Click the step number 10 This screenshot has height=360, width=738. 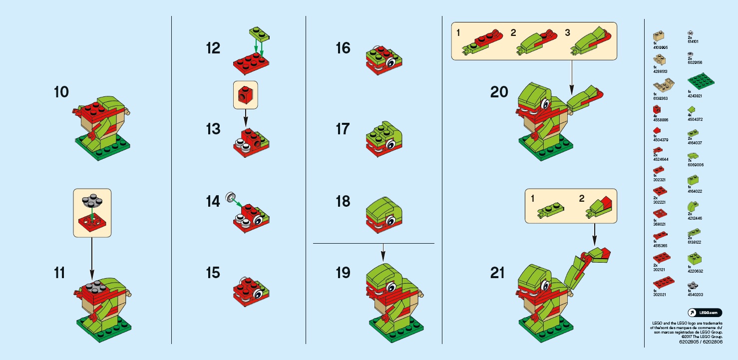pos(61,92)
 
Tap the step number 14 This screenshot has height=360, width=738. pos(213,202)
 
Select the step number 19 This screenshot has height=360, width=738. pos(343,273)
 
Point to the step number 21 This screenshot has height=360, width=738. pos(497,273)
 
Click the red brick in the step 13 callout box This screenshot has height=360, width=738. pos(245,94)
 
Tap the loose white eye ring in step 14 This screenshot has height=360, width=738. pos(230,197)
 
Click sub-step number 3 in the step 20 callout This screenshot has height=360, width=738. pos(567,33)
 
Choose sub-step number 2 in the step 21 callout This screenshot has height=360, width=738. pos(581,198)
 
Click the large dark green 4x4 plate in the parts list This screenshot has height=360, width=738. pos(701,81)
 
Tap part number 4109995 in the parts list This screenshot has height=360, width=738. pos(660,47)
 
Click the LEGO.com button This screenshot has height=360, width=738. pos(705,313)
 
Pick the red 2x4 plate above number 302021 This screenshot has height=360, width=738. pos(662,283)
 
